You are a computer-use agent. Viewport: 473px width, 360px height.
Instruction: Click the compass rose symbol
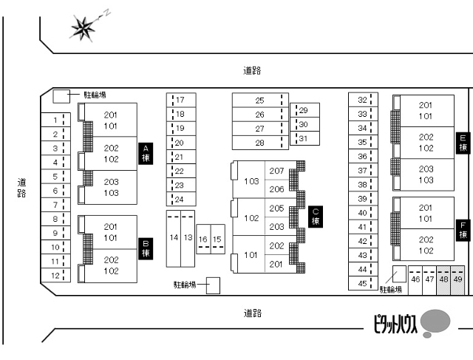tap(83, 28)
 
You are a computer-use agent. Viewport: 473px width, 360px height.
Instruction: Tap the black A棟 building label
tap(146, 154)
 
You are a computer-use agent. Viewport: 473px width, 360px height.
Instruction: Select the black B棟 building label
tap(146, 248)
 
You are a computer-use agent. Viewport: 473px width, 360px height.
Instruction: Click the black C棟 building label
tap(316, 217)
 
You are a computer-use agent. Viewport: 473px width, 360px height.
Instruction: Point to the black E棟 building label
tap(463, 143)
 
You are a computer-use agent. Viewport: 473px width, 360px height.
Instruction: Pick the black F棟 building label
tap(463, 230)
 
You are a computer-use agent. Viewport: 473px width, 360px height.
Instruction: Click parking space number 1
tap(55, 120)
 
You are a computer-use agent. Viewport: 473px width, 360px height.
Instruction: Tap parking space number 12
tap(55, 275)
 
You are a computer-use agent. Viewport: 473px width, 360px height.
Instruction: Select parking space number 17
tap(181, 100)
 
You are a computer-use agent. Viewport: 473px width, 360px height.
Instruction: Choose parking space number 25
tap(260, 101)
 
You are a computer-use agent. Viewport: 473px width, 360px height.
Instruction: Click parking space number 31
tap(304, 138)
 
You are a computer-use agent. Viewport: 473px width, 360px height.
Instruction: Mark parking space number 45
tap(363, 283)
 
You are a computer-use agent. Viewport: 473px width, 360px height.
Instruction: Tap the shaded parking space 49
tap(457, 280)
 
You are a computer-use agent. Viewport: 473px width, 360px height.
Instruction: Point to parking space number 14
tap(174, 239)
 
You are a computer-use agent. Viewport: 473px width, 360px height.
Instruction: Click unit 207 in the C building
tap(276, 171)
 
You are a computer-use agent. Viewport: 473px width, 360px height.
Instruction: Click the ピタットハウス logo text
tap(395, 324)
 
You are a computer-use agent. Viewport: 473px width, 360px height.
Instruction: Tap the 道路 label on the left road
tap(21, 188)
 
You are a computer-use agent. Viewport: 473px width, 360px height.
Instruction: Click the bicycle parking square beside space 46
tap(399, 274)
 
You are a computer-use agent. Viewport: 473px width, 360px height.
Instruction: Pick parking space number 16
tap(203, 239)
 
